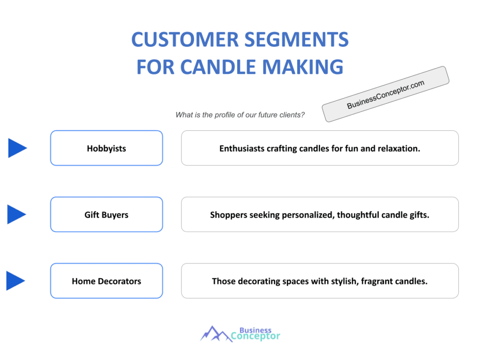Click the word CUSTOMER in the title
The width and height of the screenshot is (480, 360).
pyautogui.click(x=185, y=39)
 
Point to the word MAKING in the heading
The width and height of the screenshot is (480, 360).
pyautogui.click(x=303, y=67)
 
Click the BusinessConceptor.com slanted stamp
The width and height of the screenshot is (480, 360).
pyautogui.click(x=385, y=94)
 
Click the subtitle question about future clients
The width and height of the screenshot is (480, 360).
pyautogui.click(x=240, y=115)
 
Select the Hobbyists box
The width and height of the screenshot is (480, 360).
pyautogui.click(x=106, y=148)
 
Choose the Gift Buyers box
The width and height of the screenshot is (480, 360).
pyautogui.click(x=106, y=214)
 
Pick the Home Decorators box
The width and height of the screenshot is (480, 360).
pyautogui.click(x=106, y=281)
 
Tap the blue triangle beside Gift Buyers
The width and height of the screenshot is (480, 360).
pyautogui.click(x=16, y=214)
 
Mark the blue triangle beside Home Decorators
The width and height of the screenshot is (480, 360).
pyautogui.click(x=15, y=281)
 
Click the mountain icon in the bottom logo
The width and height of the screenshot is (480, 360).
pyautogui.click(x=216, y=334)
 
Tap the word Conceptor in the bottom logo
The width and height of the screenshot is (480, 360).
pyautogui.click(x=255, y=336)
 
